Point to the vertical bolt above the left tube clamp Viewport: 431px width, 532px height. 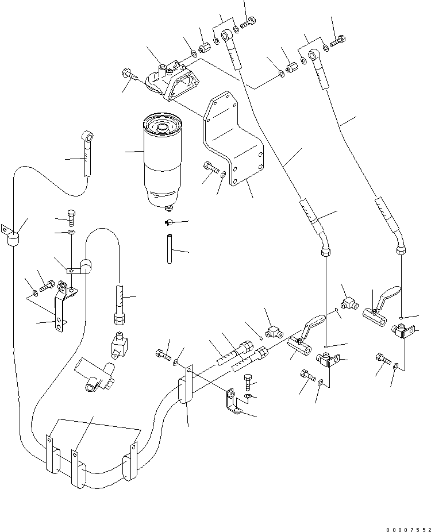click(72, 217)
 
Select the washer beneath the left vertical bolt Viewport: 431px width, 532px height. click(71, 233)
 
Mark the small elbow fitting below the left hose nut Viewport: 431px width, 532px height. click(118, 345)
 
